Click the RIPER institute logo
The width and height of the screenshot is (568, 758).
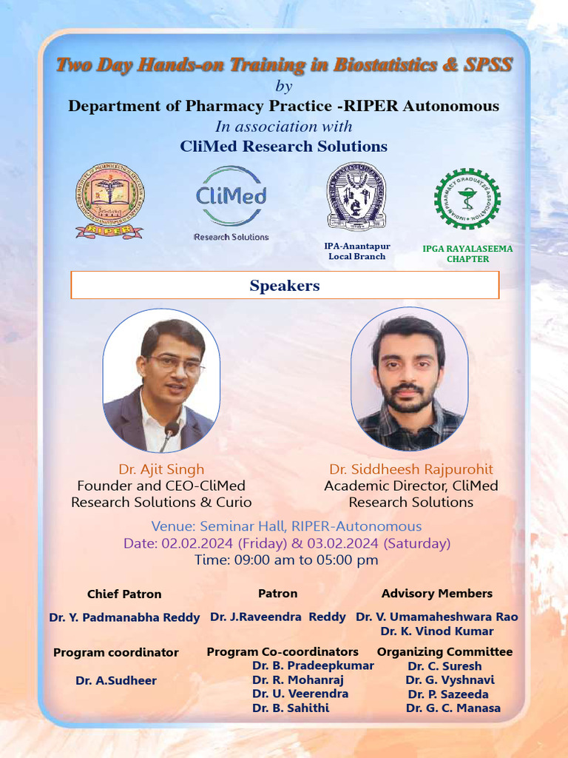(x=109, y=200)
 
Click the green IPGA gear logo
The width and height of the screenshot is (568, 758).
(x=467, y=198)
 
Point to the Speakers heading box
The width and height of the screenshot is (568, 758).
(x=285, y=285)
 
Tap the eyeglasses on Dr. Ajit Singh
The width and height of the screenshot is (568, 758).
(x=175, y=365)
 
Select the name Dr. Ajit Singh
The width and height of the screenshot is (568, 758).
(x=161, y=469)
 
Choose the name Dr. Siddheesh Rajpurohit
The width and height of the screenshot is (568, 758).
(x=410, y=469)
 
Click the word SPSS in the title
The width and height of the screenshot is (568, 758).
(x=488, y=64)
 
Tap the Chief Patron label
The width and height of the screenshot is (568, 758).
(x=124, y=594)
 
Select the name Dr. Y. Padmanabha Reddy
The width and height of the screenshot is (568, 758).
(x=124, y=617)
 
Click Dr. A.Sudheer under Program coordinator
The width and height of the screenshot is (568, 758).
(x=116, y=680)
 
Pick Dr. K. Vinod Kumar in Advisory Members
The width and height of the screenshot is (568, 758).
(x=436, y=631)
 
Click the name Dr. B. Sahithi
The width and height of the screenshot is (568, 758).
(x=291, y=708)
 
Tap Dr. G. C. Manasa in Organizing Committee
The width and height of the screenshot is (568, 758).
(x=453, y=708)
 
